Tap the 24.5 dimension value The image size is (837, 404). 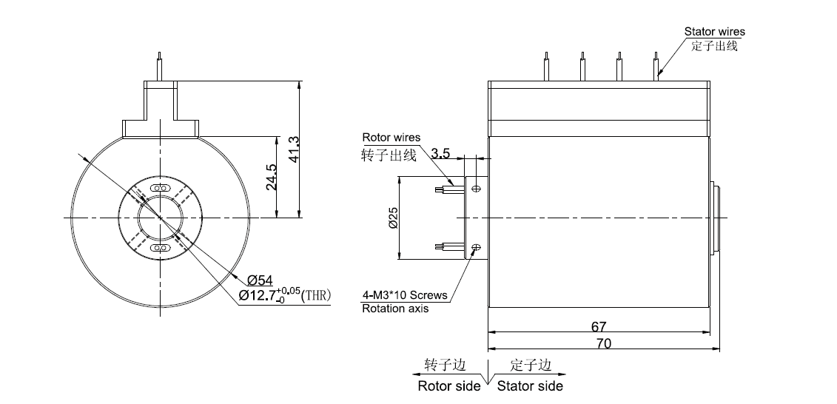(x=271, y=178)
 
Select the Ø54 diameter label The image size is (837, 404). (x=260, y=280)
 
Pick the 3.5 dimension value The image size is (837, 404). (x=440, y=154)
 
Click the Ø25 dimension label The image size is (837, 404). (x=393, y=218)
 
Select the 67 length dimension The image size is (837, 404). (x=599, y=326)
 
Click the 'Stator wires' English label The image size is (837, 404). (x=714, y=32)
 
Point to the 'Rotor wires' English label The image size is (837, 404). (x=391, y=138)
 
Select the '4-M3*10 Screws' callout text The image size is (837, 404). (x=405, y=294)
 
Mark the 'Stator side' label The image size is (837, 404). (x=530, y=386)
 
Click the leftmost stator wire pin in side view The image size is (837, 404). (x=546, y=66)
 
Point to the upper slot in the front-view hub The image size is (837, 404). (x=160, y=189)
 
